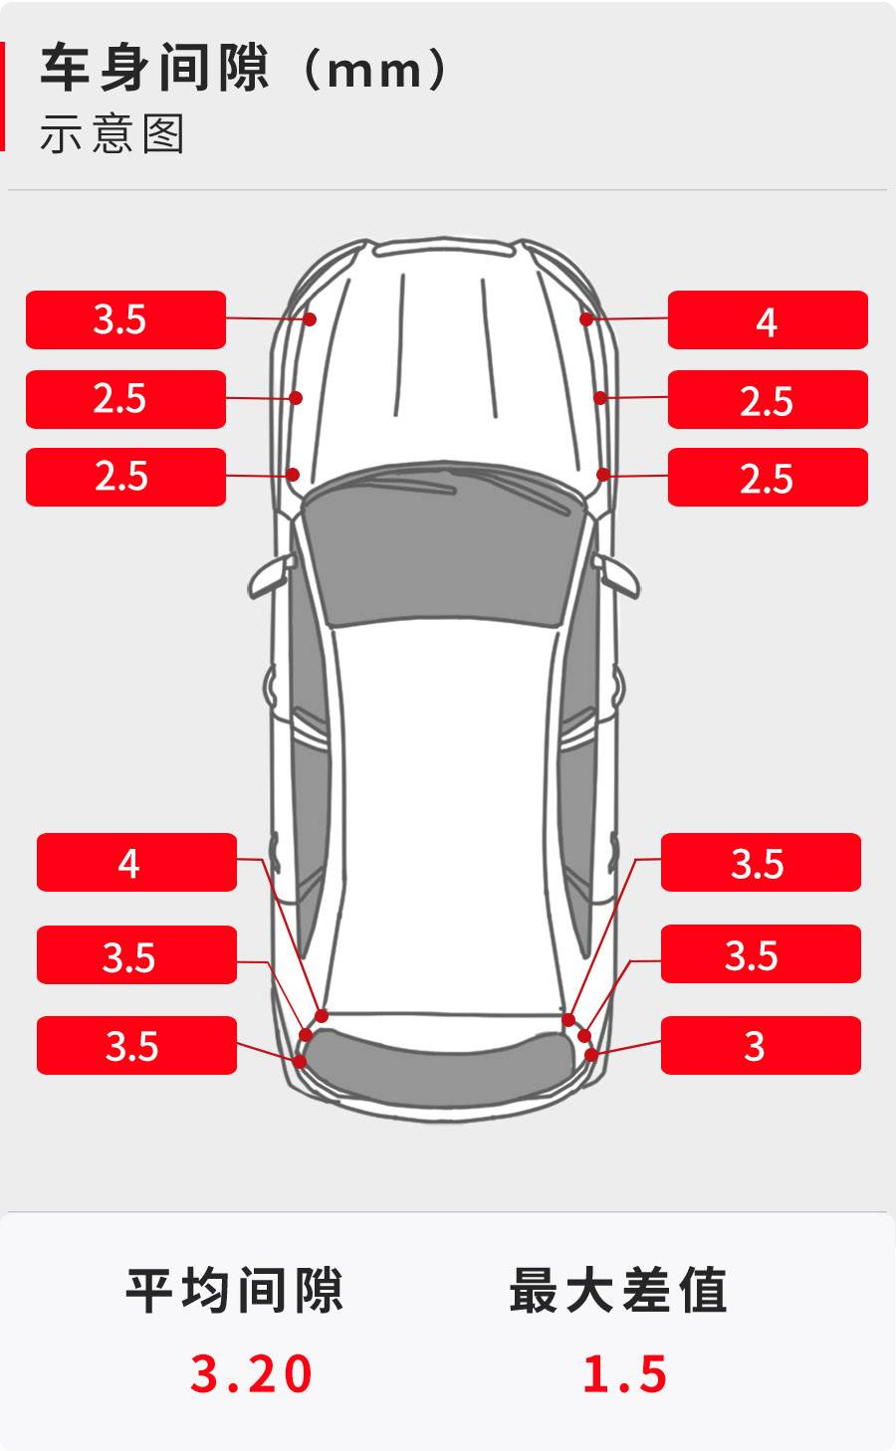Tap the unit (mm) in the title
[x=375, y=68]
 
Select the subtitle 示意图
[x=112, y=133]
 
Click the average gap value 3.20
[x=251, y=1372]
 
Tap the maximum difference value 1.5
[x=624, y=1372]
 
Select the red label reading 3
[x=761, y=1045]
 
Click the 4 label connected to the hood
[x=768, y=320]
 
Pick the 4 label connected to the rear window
[x=136, y=862]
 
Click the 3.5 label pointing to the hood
[x=125, y=319]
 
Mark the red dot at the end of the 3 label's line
[x=590, y=1055]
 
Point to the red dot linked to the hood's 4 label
[x=586, y=318]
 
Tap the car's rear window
[x=441, y=1069]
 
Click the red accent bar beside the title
[x=2, y=96]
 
